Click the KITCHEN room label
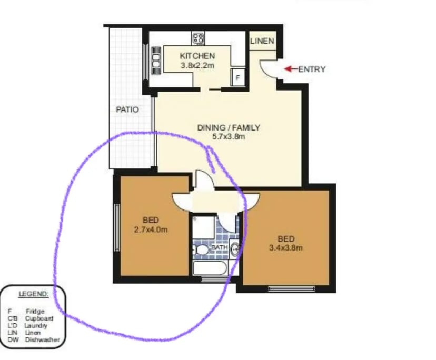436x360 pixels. (x=197, y=56)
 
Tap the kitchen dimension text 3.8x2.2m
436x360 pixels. (x=197, y=65)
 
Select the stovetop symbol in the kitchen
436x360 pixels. (x=199, y=38)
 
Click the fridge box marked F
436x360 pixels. (x=238, y=77)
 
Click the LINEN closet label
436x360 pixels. (x=262, y=41)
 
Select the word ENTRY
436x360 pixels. (x=312, y=69)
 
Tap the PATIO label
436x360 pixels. (x=127, y=110)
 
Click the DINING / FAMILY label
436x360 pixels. (x=229, y=127)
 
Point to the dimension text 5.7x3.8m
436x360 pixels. (x=229, y=137)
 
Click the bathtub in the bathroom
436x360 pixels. (x=210, y=267)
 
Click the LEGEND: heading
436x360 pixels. (x=34, y=293)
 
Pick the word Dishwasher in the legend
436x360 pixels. (x=42, y=340)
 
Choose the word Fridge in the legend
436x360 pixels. (x=35, y=312)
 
